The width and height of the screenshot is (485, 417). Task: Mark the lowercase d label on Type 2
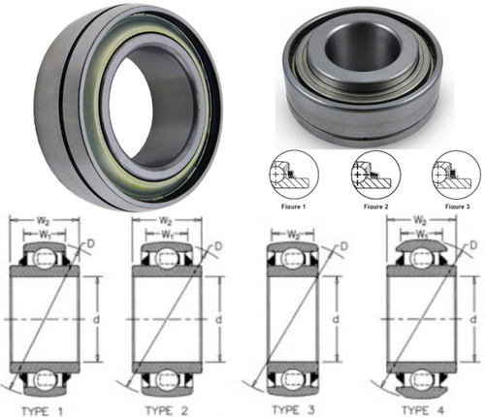pos(215,316)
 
